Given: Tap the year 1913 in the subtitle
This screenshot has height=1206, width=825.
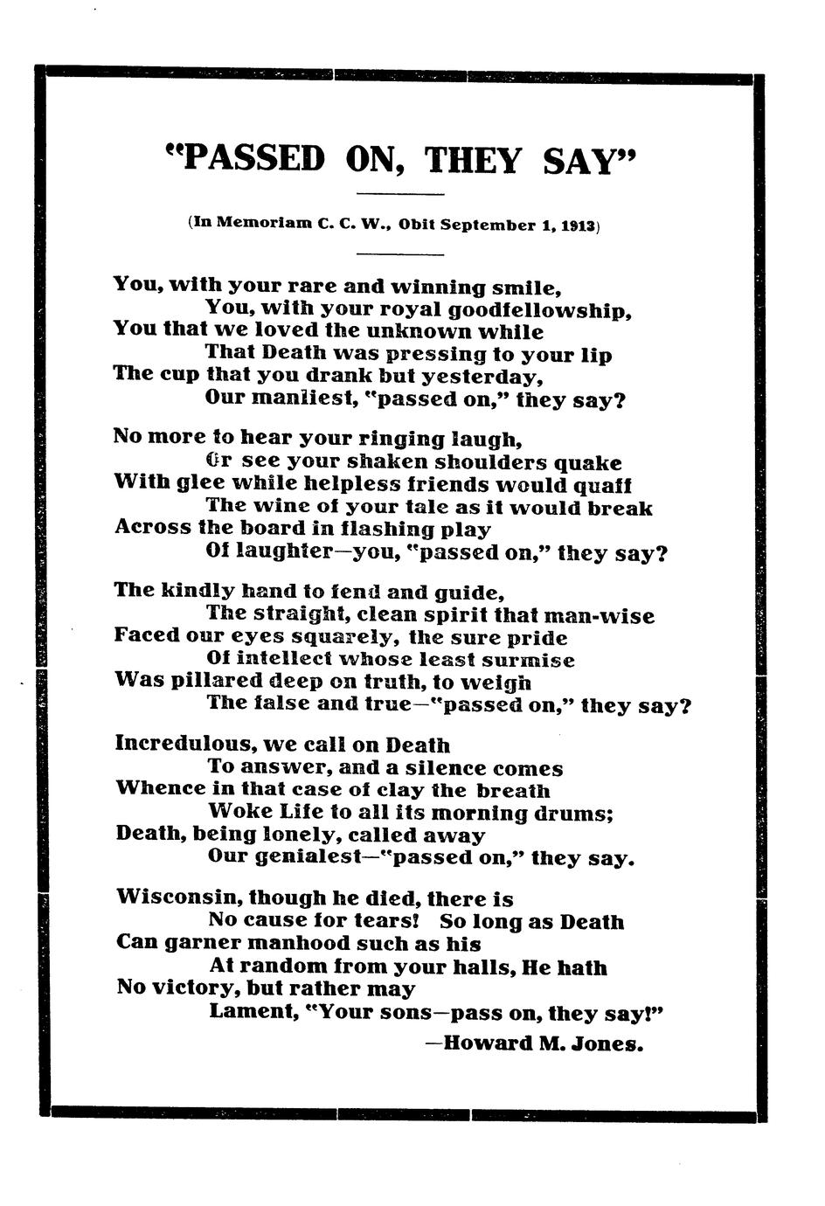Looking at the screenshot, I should tap(578, 225).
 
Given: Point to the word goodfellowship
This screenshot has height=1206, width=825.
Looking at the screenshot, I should tap(540, 310).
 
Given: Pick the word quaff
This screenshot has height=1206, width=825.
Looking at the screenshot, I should tap(603, 484).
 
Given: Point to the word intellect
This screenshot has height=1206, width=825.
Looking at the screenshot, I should tap(282, 660).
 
